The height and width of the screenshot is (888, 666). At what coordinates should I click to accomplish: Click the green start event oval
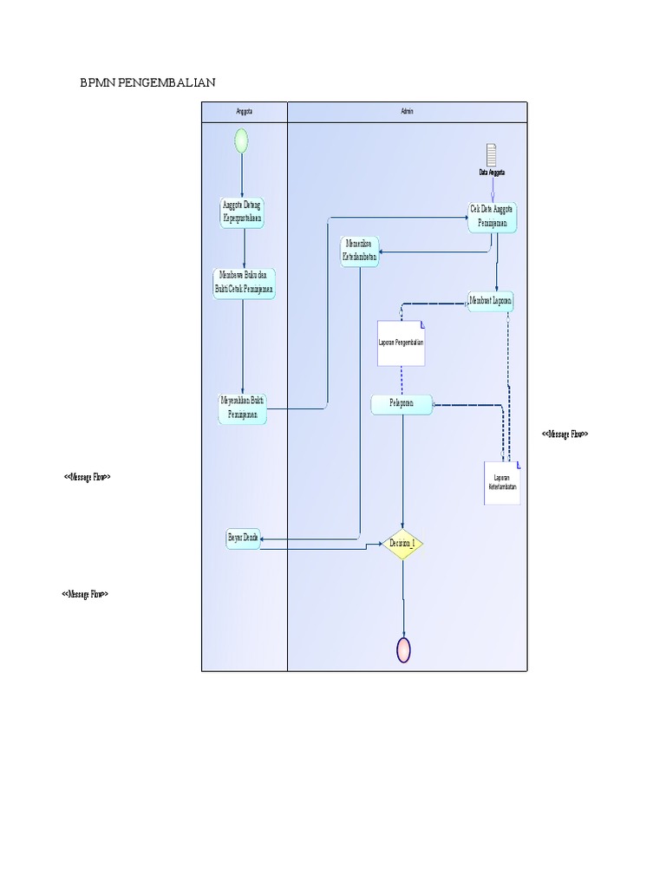pos(241,140)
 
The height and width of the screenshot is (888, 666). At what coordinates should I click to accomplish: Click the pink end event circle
pos(403,649)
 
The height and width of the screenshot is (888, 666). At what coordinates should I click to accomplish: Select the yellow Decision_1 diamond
pos(403,543)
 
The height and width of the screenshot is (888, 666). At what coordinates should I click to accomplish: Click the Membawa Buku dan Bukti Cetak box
pos(245,283)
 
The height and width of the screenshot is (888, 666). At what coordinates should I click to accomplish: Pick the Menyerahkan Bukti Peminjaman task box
pos(243,408)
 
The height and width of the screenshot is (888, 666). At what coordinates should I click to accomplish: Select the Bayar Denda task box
pos(243,539)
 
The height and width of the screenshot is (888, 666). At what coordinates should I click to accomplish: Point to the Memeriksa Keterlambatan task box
pos(360,251)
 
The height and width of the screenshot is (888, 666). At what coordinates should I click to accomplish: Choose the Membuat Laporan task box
pos(491,301)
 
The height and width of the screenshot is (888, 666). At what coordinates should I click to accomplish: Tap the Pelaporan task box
pos(402,404)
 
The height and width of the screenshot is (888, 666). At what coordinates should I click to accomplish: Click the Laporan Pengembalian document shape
pos(401,343)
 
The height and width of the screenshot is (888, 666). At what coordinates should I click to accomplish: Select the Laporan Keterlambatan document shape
pos(502,483)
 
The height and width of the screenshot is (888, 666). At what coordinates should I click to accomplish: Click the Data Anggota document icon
pos(492,156)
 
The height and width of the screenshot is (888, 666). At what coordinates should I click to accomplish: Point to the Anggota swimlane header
pos(244,112)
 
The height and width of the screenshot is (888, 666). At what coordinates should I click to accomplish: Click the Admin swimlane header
pos(407,112)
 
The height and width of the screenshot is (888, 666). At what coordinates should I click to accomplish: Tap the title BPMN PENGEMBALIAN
pos(147,82)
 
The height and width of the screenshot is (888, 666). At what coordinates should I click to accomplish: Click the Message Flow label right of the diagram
pos(565,434)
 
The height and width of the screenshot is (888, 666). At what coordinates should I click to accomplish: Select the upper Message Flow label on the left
pos(87,478)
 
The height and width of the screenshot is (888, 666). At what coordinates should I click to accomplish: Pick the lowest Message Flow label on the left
pos(85,594)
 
